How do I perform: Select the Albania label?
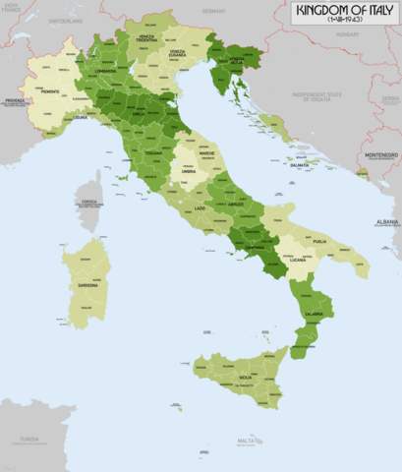(387, 223)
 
